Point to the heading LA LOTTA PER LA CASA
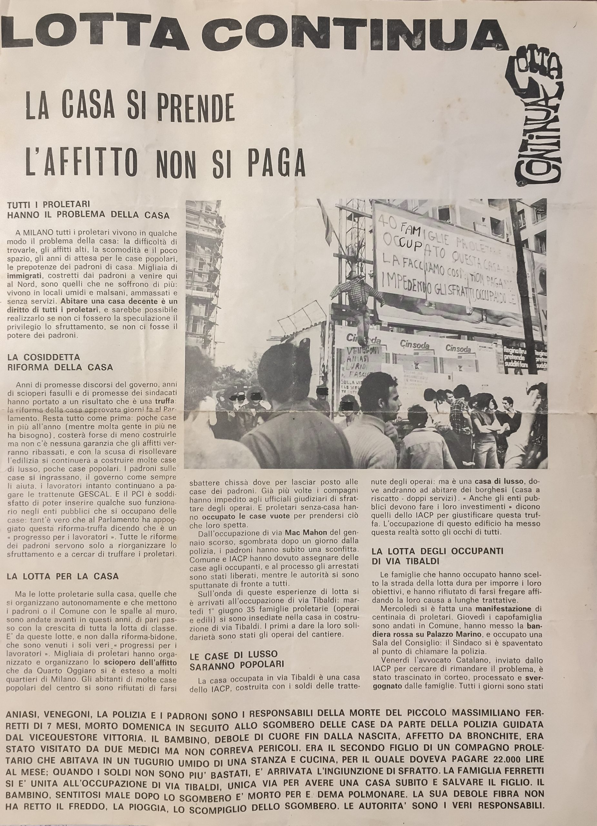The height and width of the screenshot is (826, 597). point(63,577)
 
